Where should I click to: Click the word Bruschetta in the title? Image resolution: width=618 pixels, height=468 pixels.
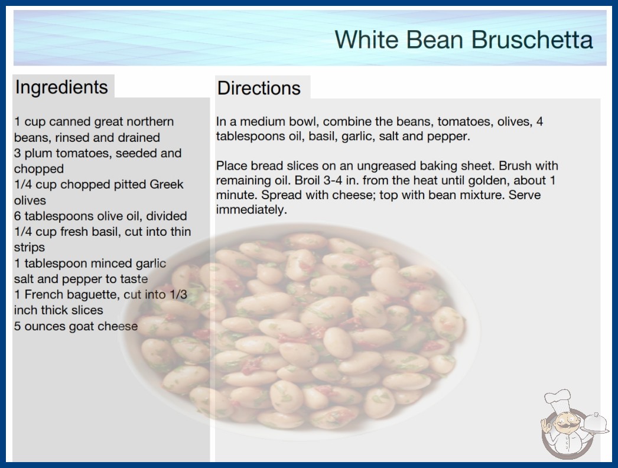point(532,40)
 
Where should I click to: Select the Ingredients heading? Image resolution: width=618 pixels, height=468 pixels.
point(61,87)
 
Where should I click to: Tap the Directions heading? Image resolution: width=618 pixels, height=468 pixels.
point(259,88)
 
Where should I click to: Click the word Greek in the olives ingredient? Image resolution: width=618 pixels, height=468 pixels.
point(167,184)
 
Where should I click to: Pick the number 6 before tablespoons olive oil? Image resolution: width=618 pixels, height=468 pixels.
point(17,216)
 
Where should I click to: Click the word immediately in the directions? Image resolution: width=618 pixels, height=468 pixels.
point(252,210)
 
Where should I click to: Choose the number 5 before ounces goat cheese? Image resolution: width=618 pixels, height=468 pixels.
point(17,326)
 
